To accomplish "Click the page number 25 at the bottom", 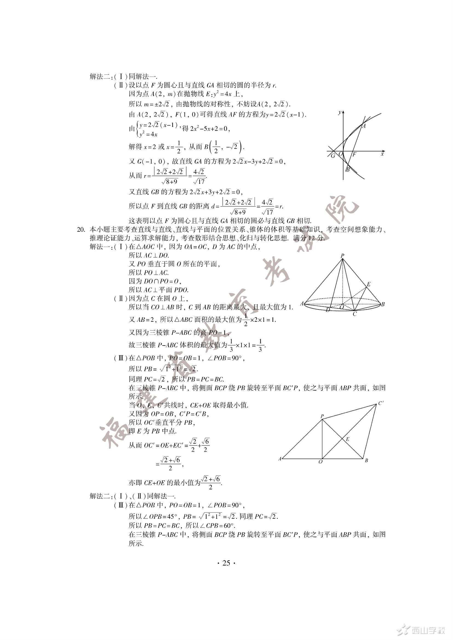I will (226, 563).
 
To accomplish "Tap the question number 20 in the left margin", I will (81, 230).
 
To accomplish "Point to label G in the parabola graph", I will (333, 156).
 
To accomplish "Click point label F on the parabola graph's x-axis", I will (354, 154).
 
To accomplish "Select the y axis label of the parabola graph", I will (339, 112).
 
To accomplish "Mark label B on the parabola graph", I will (348, 170).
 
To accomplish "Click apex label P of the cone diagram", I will (342, 255).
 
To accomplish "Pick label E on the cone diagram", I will (368, 284).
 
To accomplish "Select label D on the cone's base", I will (328, 310).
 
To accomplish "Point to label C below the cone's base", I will (354, 314).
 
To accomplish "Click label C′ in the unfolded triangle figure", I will (381, 403).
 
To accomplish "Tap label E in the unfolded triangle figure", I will (348, 439).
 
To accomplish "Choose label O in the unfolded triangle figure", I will (320, 462).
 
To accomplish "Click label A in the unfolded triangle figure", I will (280, 459).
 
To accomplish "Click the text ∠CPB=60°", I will (216, 526).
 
